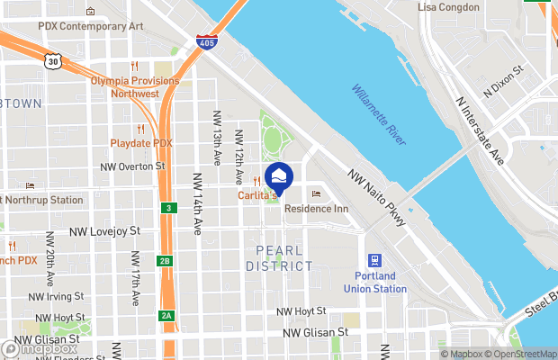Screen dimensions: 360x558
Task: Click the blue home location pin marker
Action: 279,176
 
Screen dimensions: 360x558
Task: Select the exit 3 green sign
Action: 168,208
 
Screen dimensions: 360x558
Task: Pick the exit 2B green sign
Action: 164,261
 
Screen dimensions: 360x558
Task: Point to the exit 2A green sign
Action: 166,315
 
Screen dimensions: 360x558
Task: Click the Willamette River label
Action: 379,115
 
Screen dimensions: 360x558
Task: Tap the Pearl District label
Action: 284,258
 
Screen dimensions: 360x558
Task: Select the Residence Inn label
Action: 316,208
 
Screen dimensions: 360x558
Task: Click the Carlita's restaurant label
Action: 257,194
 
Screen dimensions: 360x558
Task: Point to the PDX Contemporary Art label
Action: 91,26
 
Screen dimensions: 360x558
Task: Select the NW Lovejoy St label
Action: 105,231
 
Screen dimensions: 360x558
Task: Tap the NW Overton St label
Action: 133,166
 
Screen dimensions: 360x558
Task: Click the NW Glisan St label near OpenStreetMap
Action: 315,332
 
